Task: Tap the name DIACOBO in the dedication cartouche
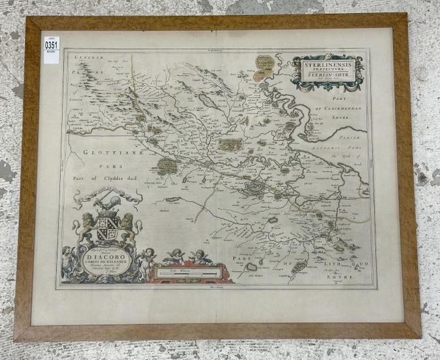(107, 257)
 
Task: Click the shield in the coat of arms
(107, 229)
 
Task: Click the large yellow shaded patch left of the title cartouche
(263, 65)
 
